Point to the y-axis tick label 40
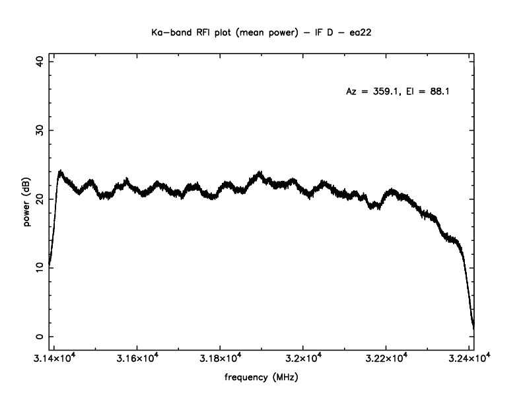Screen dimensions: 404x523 click(39, 61)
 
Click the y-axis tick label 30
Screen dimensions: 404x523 click(39, 129)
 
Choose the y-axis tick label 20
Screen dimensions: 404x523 click(39, 199)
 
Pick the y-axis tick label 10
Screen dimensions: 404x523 click(39, 267)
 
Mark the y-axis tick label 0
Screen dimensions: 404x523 click(39, 336)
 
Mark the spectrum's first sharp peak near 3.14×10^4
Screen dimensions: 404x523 click(60, 172)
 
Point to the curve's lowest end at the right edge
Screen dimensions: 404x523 click(473, 327)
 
